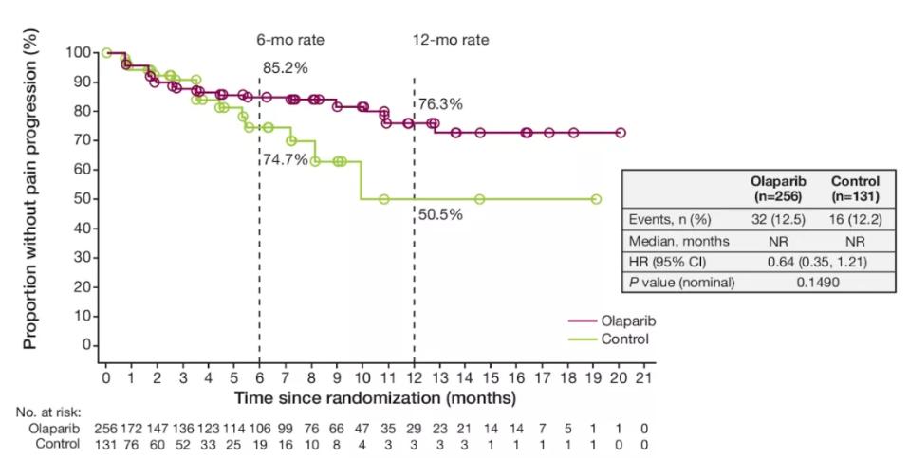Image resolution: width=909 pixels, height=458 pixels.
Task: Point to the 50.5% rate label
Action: (x=440, y=214)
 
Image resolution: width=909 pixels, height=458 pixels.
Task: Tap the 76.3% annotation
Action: (x=440, y=104)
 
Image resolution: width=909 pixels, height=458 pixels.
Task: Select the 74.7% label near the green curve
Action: (x=286, y=159)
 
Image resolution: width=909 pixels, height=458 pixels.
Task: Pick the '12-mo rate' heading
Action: (x=443, y=40)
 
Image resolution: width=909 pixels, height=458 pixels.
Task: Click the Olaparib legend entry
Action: (x=626, y=321)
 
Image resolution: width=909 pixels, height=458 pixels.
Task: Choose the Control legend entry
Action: (x=623, y=339)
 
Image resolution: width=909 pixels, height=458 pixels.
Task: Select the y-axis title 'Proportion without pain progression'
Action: (x=30, y=201)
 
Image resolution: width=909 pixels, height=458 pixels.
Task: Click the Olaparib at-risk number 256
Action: (x=106, y=429)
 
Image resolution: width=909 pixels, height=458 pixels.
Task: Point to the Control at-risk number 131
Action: (x=106, y=444)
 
